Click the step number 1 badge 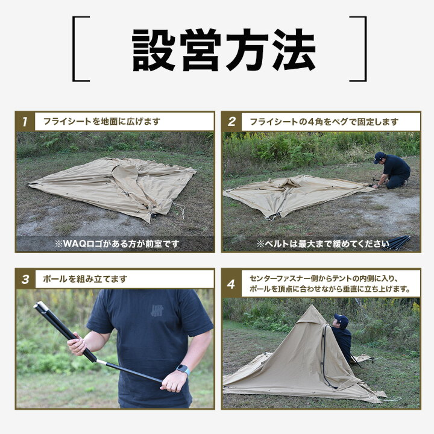(25, 122)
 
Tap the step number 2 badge (231, 122)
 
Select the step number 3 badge (25, 279)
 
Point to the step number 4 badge (231, 284)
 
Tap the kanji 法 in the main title (294, 50)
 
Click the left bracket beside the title (81, 49)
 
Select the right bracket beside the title (358, 49)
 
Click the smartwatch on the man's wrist (183, 370)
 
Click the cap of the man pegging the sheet (379, 157)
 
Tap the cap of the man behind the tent (341, 319)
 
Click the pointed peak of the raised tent (312, 306)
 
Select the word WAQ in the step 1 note (72, 244)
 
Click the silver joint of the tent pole (101, 362)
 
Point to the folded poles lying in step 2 (397, 243)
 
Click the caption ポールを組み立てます (85, 279)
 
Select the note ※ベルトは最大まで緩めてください (322, 244)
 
